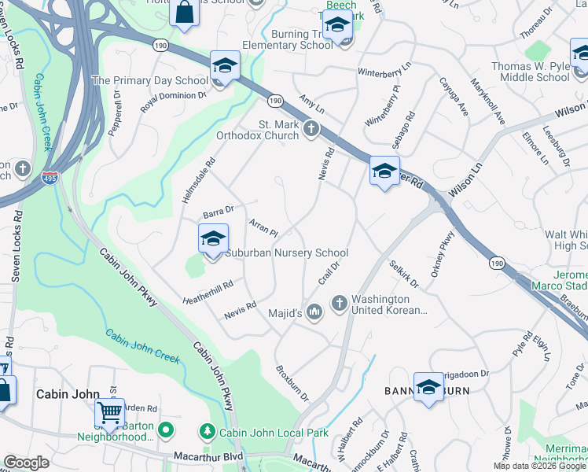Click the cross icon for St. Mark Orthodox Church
click(x=311, y=128)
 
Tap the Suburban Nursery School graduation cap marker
click(x=213, y=239)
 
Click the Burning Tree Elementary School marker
click(x=336, y=28)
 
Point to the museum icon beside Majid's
click(x=314, y=313)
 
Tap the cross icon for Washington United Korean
click(x=340, y=303)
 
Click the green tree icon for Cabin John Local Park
click(x=208, y=431)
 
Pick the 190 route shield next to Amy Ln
click(x=274, y=101)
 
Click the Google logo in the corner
click(x=26, y=463)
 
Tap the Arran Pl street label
click(x=263, y=229)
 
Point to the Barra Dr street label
click(x=219, y=210)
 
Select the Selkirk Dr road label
click(x=403, y=272)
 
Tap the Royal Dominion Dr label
click(x=173, y=102)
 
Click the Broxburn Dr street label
click(x=292, y=381)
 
